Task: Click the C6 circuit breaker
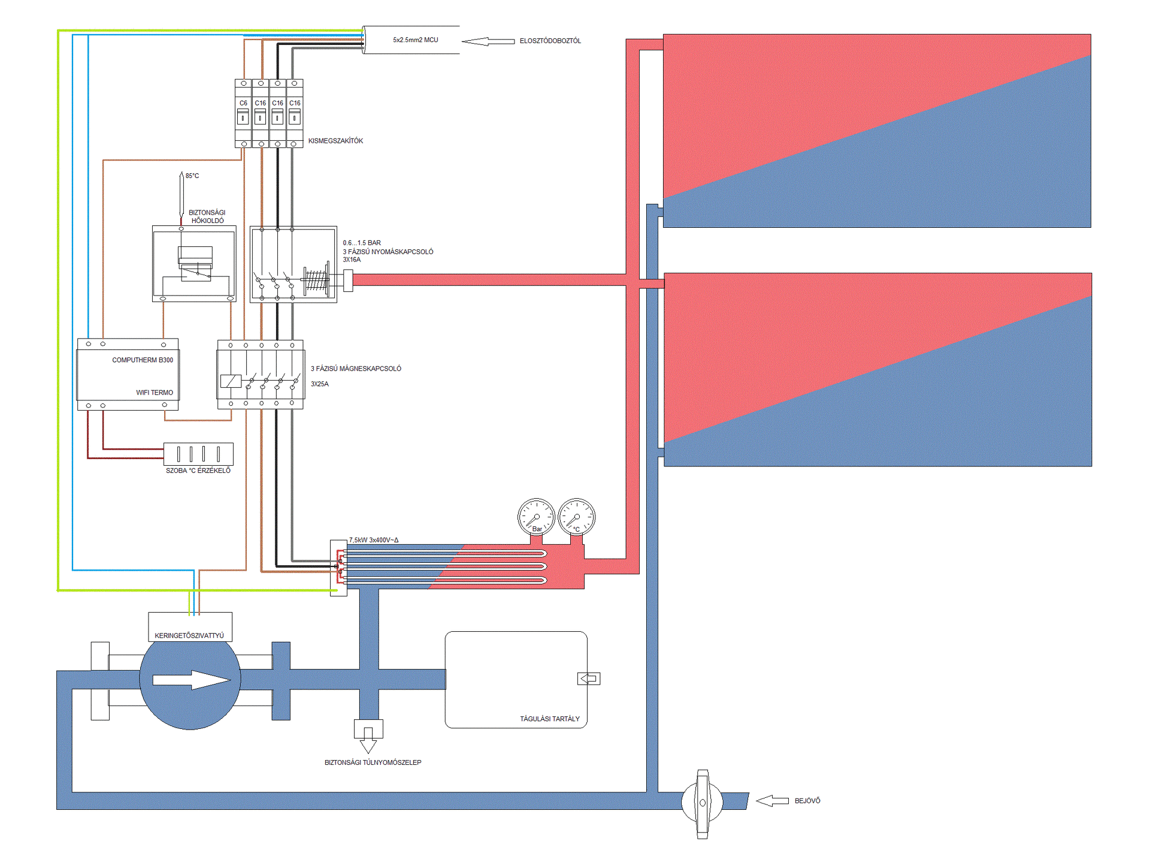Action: [243, 113]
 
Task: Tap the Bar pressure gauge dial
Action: [536, 517]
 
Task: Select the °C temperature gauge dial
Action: [576, 517]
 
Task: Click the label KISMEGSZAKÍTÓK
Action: [335, 141]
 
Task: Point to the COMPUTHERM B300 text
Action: [143, 360]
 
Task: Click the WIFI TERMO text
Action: [155, 393]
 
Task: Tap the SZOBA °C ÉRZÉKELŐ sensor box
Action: [198, 454]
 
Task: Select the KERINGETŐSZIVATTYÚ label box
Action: [190, 627]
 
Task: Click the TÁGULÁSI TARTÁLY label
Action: [550, 719]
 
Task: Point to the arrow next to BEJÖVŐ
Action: [772, 801]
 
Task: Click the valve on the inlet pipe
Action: [703, 803]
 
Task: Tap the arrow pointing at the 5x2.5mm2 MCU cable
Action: [488, 41]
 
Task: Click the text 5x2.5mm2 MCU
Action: [416, 40]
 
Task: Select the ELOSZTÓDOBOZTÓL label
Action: [550, 41]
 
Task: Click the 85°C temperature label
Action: [192, 176]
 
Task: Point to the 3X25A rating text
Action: [320, 384]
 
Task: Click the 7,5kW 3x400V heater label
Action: [374, 540]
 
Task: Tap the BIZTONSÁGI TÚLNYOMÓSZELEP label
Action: [373, 762]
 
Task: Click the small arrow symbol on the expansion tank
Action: [589, 679]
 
